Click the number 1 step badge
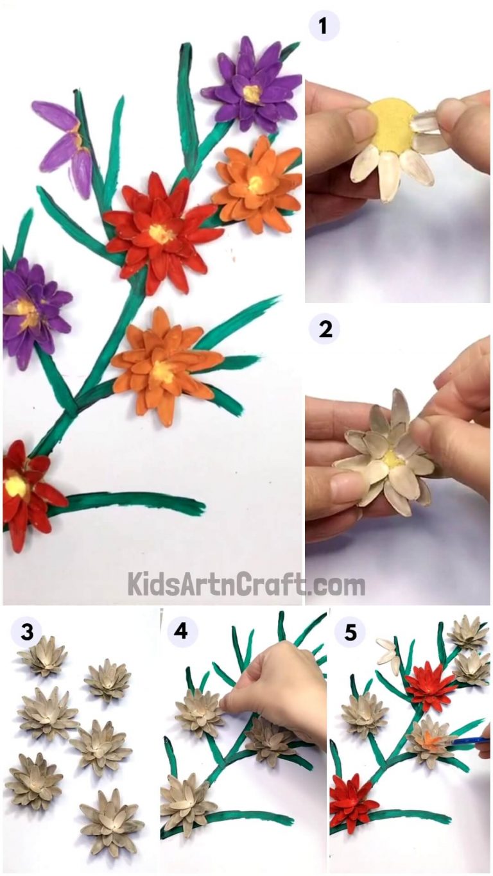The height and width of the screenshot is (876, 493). point(323,27)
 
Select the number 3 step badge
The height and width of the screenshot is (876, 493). point(26,632)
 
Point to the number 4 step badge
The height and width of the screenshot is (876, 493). point(182,632)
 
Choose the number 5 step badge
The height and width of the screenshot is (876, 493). point(350,633)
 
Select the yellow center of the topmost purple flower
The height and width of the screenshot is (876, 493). point(252,94)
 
